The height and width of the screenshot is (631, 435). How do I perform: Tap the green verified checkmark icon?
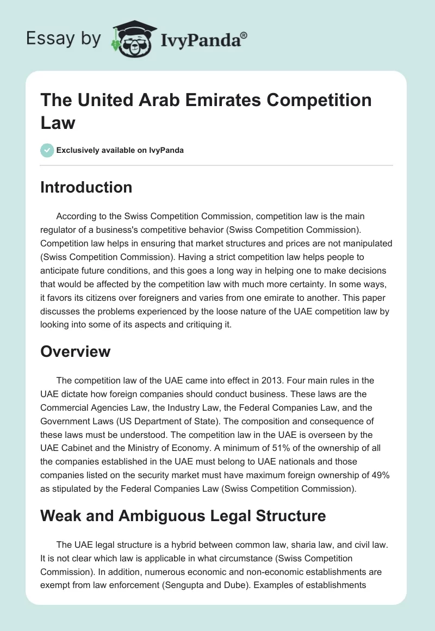[x=47, y=150]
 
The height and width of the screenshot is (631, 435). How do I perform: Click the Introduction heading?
[x=86, y=187]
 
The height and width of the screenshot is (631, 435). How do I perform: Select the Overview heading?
[x=76, y=351]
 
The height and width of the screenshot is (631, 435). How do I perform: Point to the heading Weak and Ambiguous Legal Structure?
[x=183, y=515]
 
